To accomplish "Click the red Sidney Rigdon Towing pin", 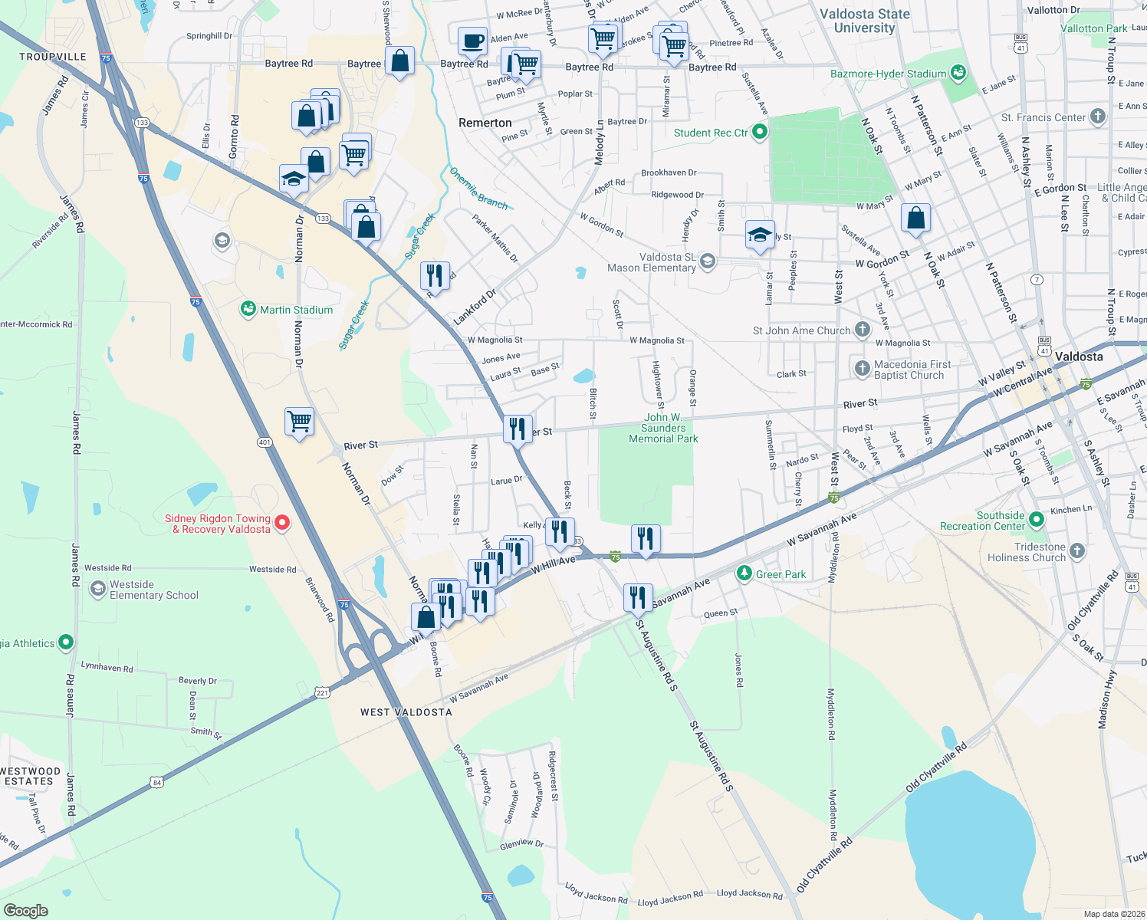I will click(x=282, y=523).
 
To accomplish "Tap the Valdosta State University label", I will click(x=864, y=21).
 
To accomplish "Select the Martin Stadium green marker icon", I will click(x=248, y=310).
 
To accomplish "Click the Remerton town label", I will click(x=485, y=123).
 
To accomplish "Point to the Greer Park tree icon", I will click(x=744, y=573).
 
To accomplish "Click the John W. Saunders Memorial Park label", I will click(x=663, y=429).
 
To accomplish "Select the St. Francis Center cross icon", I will click(x=1098, y=117).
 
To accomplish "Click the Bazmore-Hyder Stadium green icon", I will click(x=958, y=74).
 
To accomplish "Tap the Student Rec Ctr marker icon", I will click(x=760, y=133).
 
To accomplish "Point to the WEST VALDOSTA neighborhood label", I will click(x=406, y=712).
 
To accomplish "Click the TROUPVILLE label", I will click(x=53, y=57).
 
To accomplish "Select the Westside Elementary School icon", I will click(x=98, y=589).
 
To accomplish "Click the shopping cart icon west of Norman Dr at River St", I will click(x=299, y=421).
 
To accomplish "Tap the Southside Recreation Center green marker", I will click(x=1037, y=521).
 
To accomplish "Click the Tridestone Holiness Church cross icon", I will click(x=1077, y=551).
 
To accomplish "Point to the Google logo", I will click(x=25, y=910).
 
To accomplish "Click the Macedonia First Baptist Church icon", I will click(x=863, y=369).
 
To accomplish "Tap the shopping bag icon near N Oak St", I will click(x=915, y=219).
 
